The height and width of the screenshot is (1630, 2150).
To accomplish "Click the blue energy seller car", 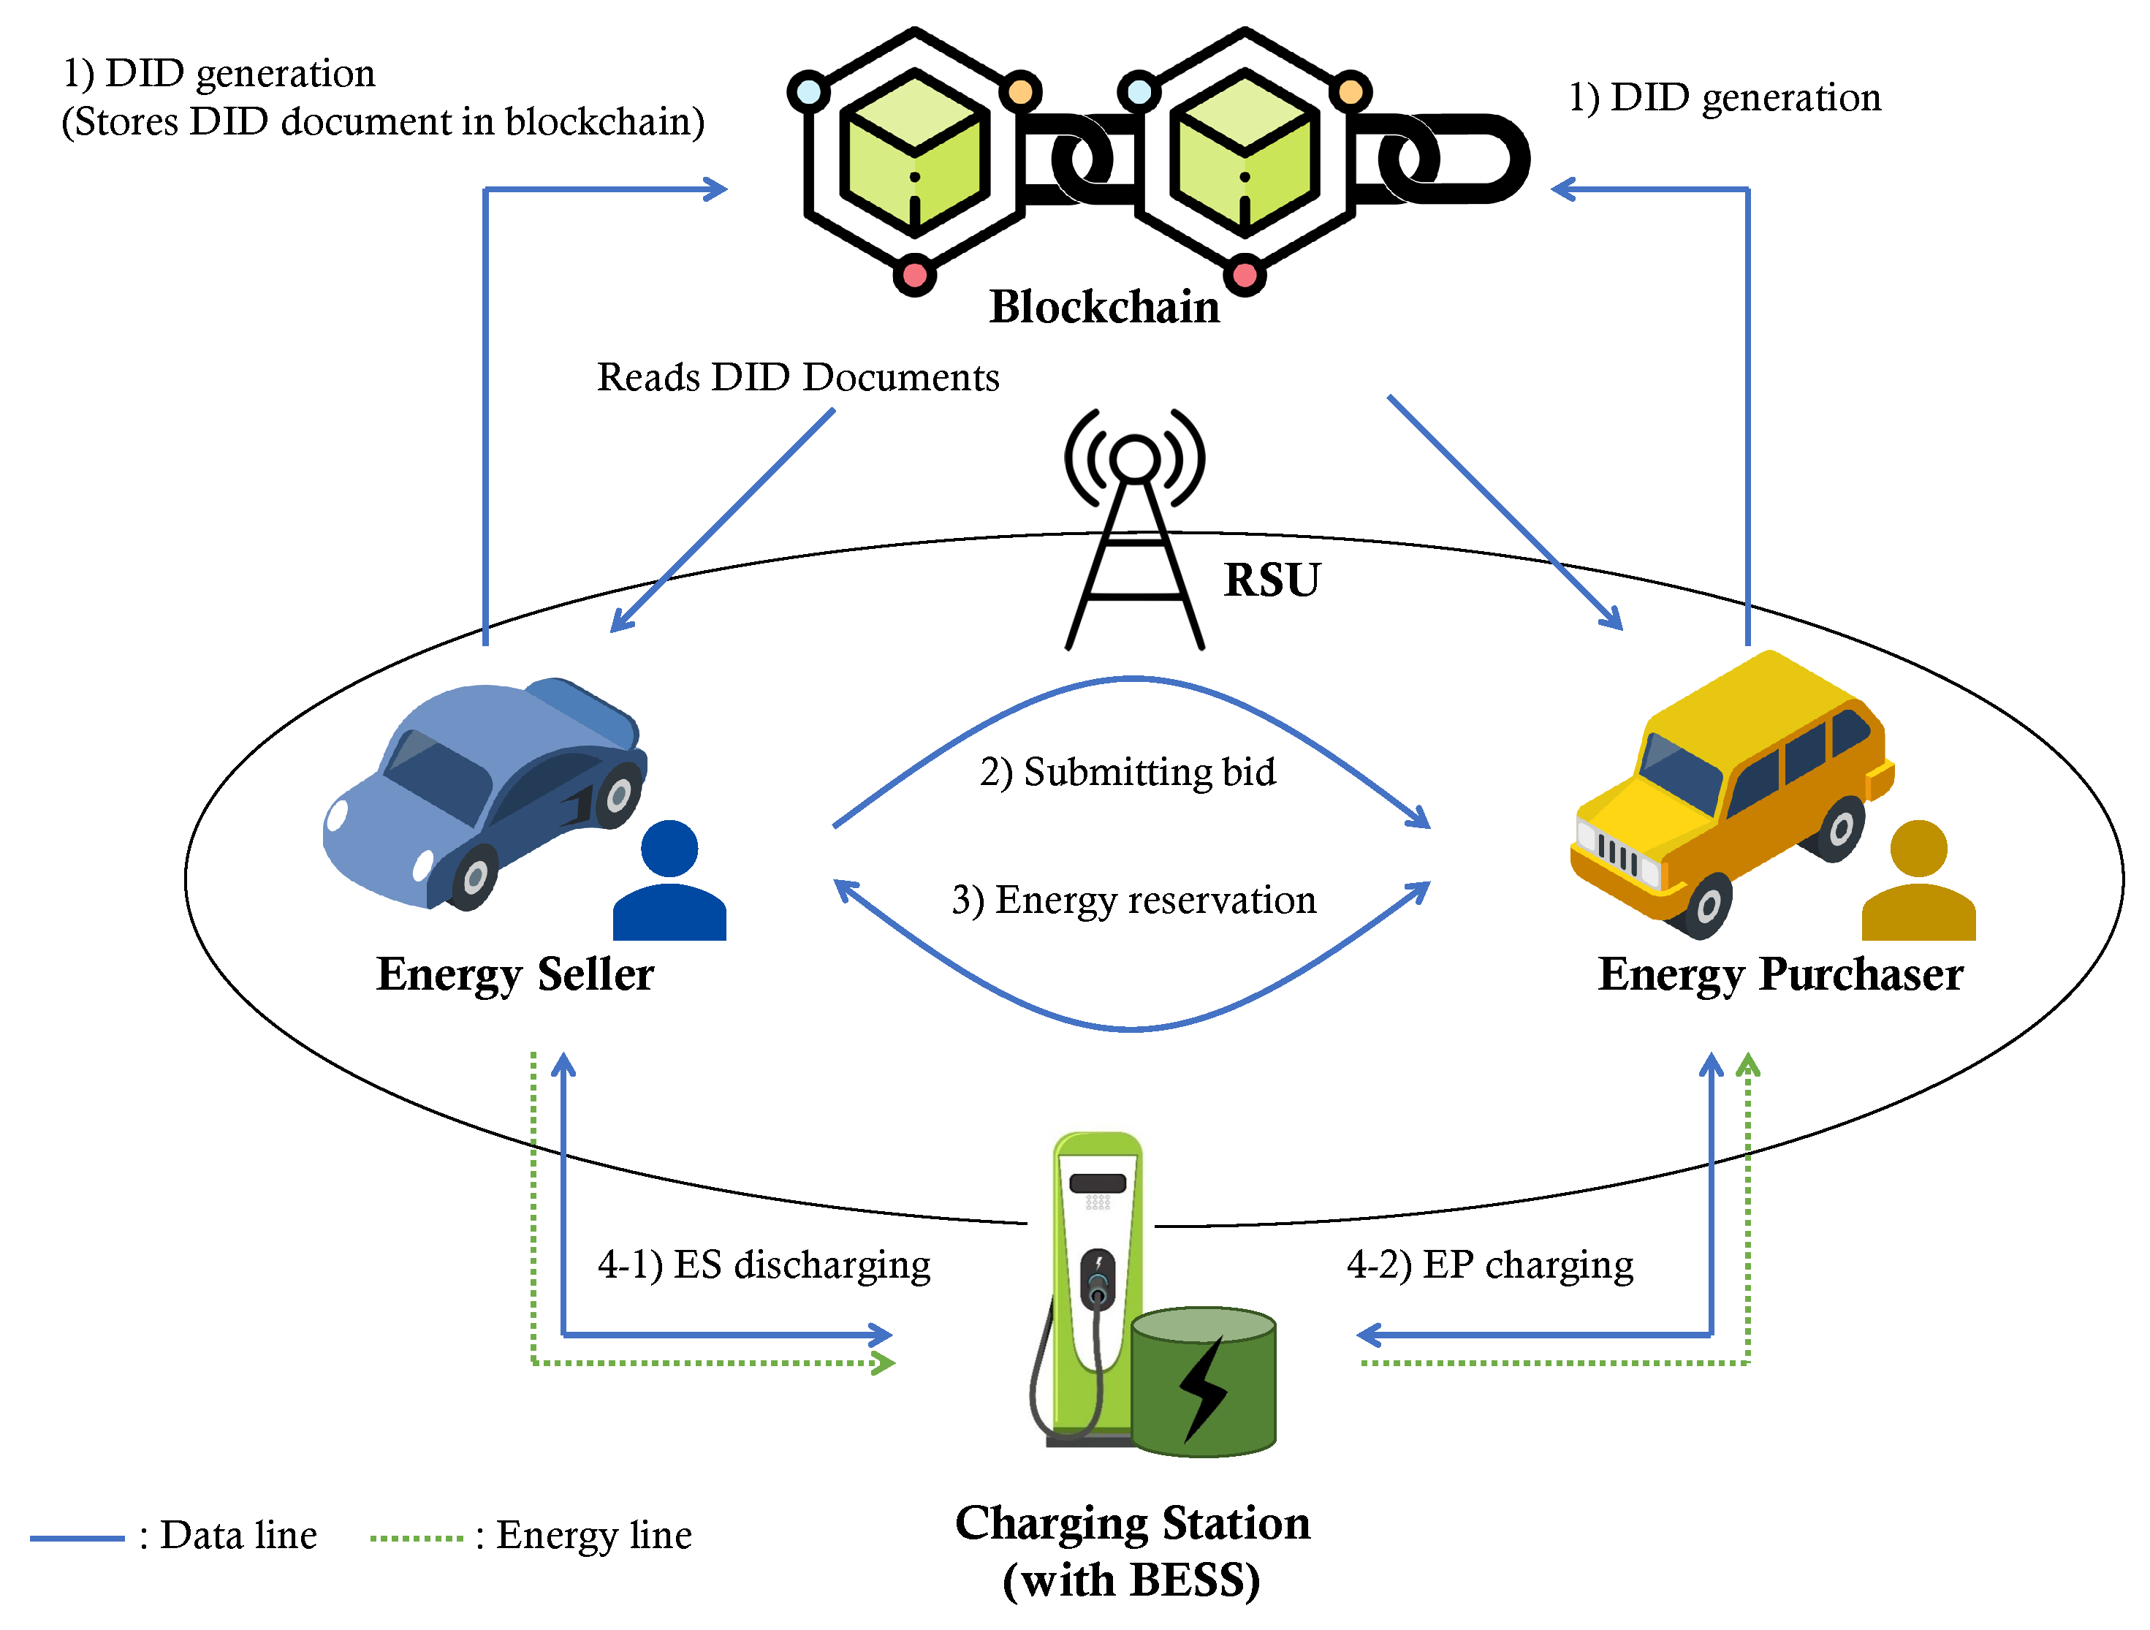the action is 484,792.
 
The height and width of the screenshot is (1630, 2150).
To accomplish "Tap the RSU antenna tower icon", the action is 1134,528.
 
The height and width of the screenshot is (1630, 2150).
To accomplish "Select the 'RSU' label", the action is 1272,580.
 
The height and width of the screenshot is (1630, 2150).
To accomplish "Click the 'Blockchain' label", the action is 1104,307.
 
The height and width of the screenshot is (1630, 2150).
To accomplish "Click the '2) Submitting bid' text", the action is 1128,773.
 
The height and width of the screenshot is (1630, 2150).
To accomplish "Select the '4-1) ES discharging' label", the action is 764,1265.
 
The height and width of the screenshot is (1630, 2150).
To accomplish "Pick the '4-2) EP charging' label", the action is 1490,1265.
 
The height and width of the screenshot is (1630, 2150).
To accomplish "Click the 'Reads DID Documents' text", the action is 798,377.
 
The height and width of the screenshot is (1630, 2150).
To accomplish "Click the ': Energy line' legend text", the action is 583,1536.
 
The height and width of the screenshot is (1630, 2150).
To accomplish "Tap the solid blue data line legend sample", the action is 77,1538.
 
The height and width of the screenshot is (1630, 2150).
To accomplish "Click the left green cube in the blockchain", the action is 915,153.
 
